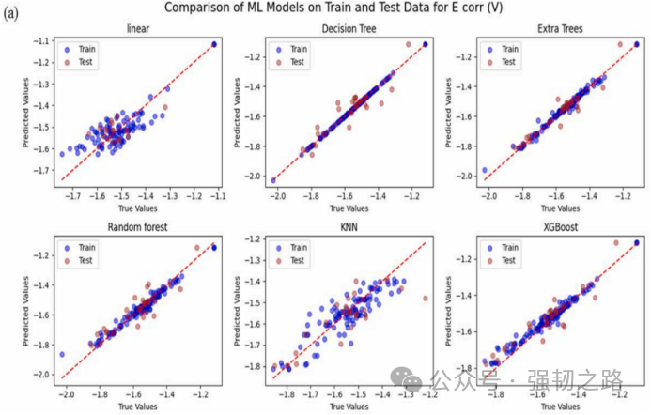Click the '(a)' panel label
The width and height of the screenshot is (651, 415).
click(x=14, y=15)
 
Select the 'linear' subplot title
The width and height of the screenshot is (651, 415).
click(x=137, y=29)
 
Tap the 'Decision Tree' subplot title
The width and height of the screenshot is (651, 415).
click(x=349, y=29)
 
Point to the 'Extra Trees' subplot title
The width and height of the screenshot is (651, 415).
click(x=560, y=29)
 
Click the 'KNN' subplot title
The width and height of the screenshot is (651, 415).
click(x=349, y=226)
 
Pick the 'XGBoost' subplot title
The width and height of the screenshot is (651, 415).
click(x=560, y=226)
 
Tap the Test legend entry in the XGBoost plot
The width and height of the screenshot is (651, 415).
click(x=507, y=260)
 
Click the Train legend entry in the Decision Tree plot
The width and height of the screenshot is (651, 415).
click(x=296, y=48)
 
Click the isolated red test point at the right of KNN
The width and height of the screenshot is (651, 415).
click(x=425, y=298)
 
